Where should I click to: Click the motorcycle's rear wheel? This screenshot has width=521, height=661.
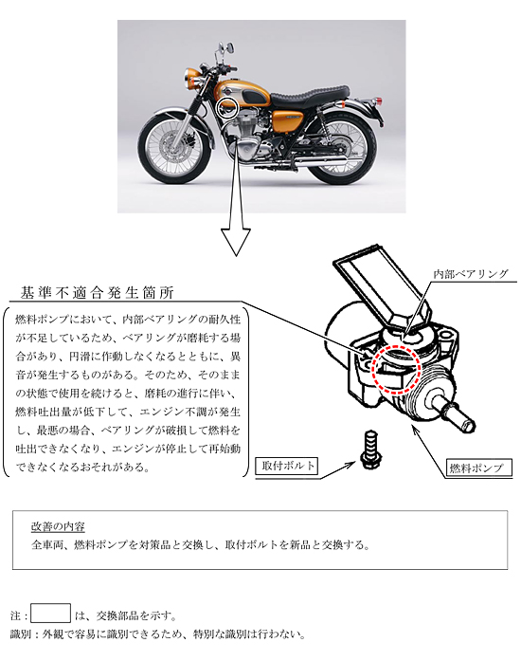pos(343,150)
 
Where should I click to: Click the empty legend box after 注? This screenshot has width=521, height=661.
pos(51,613)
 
